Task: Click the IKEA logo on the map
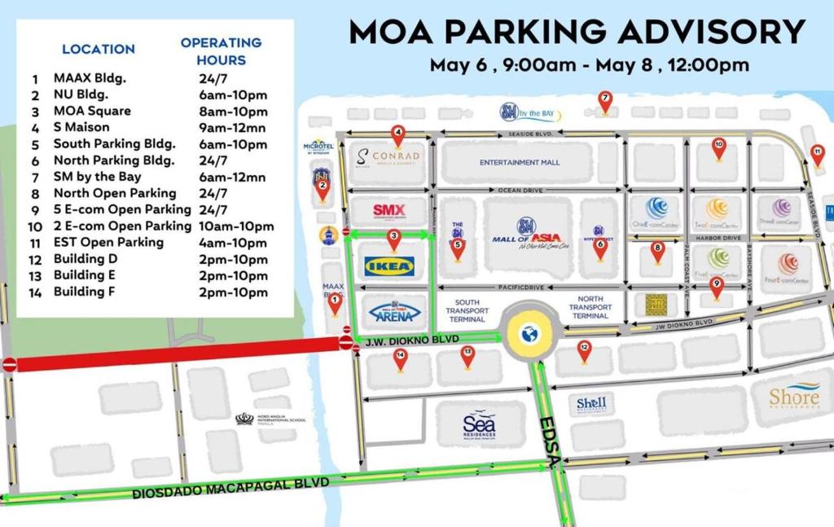(390, 266)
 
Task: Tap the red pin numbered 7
(604, 101)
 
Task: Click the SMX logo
(389, 211)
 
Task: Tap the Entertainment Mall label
(520, 162)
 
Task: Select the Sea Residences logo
(479, 424)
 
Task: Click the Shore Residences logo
(794, 397)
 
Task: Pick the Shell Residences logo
(591, 403)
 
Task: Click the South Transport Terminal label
(467, 310)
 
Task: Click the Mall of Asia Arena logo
(395, 311)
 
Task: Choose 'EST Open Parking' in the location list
(108, 242)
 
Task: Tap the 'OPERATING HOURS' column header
(221, 51)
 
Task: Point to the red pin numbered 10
(718, 148)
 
